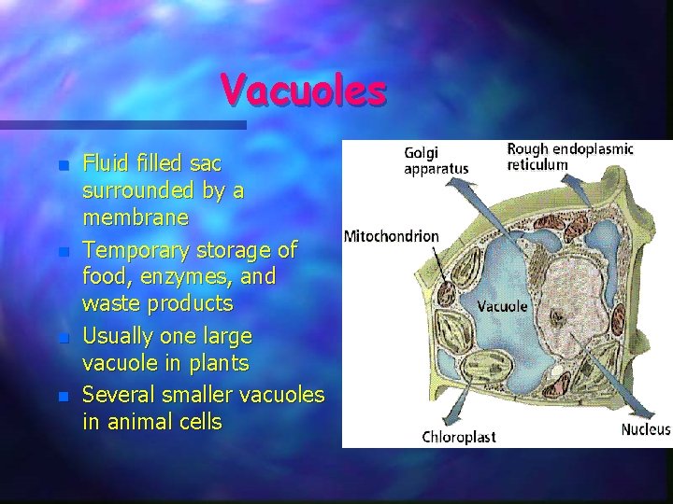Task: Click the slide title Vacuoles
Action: [303, 91]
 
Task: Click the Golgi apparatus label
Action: [435, 161]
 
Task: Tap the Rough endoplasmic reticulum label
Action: [570, 156]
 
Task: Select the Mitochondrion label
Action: [392, 236]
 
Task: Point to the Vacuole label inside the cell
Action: [503, 305]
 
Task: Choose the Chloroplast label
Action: [458, 436]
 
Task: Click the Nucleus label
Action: [646, 429]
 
